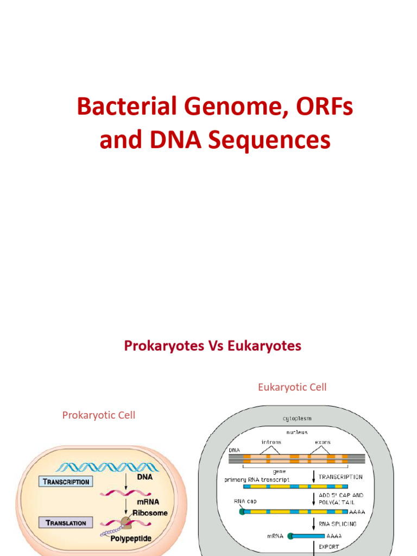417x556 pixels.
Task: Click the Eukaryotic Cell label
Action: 292,387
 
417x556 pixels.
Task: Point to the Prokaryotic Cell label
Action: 99,415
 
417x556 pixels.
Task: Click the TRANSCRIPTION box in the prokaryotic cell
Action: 65,482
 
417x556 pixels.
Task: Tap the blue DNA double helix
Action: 109,466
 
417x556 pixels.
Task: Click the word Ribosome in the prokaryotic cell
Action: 150,513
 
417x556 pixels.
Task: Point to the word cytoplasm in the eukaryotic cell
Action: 296,419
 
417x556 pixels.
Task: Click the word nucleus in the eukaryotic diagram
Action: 296,432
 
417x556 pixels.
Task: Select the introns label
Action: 271,442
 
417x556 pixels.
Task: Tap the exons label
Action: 323,442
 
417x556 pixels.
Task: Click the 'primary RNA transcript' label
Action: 257,479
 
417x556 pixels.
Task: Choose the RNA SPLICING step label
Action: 338,524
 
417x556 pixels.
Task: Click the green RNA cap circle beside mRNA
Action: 290,536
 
